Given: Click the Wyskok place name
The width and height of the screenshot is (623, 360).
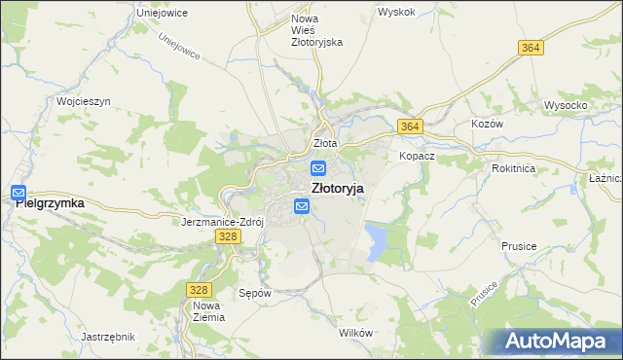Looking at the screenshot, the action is coord(396,13).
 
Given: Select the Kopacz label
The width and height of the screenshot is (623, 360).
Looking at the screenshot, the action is coord(416,156).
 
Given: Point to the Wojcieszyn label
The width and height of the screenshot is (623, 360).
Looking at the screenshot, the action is coord(84,101).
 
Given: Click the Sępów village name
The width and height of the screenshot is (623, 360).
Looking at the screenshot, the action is coord(254,292).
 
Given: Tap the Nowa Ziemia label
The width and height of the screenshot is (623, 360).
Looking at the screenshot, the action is coord(208,311).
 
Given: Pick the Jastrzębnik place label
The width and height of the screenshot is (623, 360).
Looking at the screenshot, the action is coord(108,336).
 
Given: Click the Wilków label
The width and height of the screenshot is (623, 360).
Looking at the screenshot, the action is coord(355,333).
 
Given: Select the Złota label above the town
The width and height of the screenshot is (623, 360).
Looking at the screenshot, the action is coord(324,143).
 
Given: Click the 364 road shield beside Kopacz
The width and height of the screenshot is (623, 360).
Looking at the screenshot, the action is coord(409,126).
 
